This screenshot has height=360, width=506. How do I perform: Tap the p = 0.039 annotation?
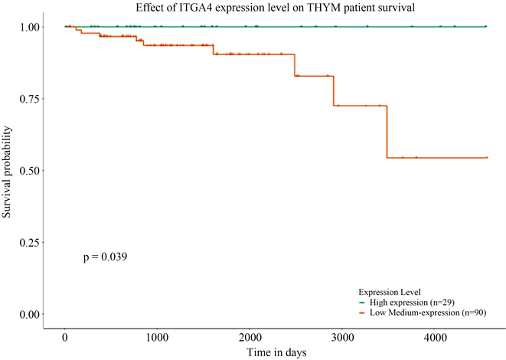click(x=105, y=257)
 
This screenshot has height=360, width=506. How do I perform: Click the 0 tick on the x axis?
click(x=65, y=337)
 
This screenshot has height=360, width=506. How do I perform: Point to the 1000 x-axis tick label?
click(x=157, y=337)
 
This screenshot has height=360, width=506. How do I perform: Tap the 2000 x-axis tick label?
click(x=250, y=337)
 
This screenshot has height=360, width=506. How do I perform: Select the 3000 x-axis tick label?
click(x=342, y=337)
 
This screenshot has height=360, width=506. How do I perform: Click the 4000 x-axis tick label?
click(x=434, y=337)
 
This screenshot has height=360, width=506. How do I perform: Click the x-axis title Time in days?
click(x=276, y=352)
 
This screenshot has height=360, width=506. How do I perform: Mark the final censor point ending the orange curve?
click(x=487, y=158)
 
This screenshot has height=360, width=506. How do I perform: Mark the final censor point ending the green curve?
click(x=487, y=27)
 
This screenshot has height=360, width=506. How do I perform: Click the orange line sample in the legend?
click(x=364, y=313)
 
